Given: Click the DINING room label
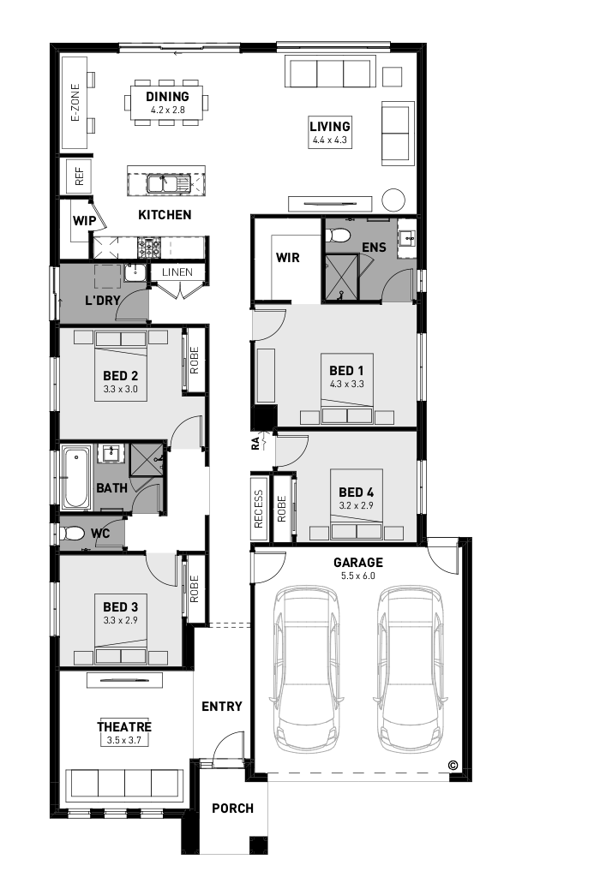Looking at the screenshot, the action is coord(167,97).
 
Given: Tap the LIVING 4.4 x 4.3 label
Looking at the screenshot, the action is coord(330,132).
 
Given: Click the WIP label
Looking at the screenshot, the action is coord(84,221).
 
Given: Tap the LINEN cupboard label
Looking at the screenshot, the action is coord(177,272).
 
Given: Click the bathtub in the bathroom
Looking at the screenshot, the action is coord(76,478).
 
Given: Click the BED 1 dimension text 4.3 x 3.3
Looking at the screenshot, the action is coord(346,385).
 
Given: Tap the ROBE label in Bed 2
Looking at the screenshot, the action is coord(195,361).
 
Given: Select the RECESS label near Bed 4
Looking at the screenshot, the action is coord(258,508).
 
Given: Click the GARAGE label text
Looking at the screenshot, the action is coord(358,562).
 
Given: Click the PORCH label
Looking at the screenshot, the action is coord(232,808).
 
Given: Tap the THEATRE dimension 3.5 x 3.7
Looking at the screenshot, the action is coord(124,740).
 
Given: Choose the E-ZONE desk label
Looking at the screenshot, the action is coord(75,103).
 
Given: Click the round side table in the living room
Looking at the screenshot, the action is coord(393,200).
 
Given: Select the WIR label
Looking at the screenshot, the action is coord(287,258).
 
